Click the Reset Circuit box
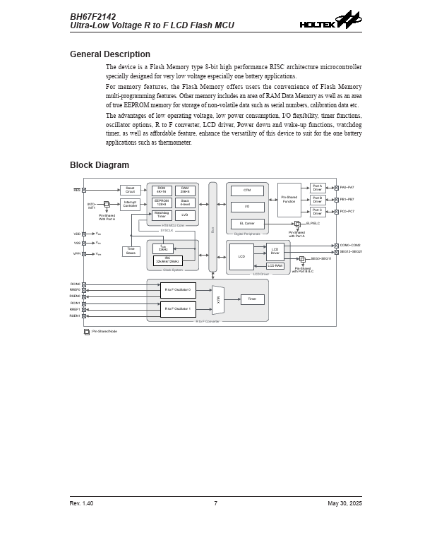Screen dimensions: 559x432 pyautogui.click(x=130, y=190)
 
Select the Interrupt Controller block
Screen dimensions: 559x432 pyautogui.click(x=130, y=204)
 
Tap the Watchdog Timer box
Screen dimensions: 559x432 pyautogui.click(x=162, y=215)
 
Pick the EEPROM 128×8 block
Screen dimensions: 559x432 pyautogui.click(x=162, y=203)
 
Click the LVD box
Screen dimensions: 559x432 pyautogui.click(x=185, y=215)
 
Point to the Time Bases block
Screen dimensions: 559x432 pyautogui.click(x=131, y=251)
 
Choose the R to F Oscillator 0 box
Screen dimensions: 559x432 pyautogui.click(x=178, y=290)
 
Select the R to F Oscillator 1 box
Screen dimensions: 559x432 pyautogui.click(x=178, y=309)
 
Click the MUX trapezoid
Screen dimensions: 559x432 pyautogui.click(x=218, y=300)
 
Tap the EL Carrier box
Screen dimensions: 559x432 pyautogui.click(x=247, y=224)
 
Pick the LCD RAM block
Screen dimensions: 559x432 pyautogui.click(x=275, y=265)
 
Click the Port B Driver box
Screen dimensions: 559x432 pyautogui.click(x=317, y=200)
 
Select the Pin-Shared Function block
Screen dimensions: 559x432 pyautogui.click(x=289, y=200)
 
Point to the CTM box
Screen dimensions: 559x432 pyautogui.click(x=247, y=191)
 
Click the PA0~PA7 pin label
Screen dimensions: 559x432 pyautogui.click(x=347, y=188)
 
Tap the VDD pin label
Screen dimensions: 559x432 pyautogui.click(x=77, y=234)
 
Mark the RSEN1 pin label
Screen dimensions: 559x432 pyautogui.click(x=75, y=315)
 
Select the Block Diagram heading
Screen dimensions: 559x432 pyautogui.click(x=100, y=165)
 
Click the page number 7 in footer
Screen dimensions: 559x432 pyautogui.click(x=215, y=503)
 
